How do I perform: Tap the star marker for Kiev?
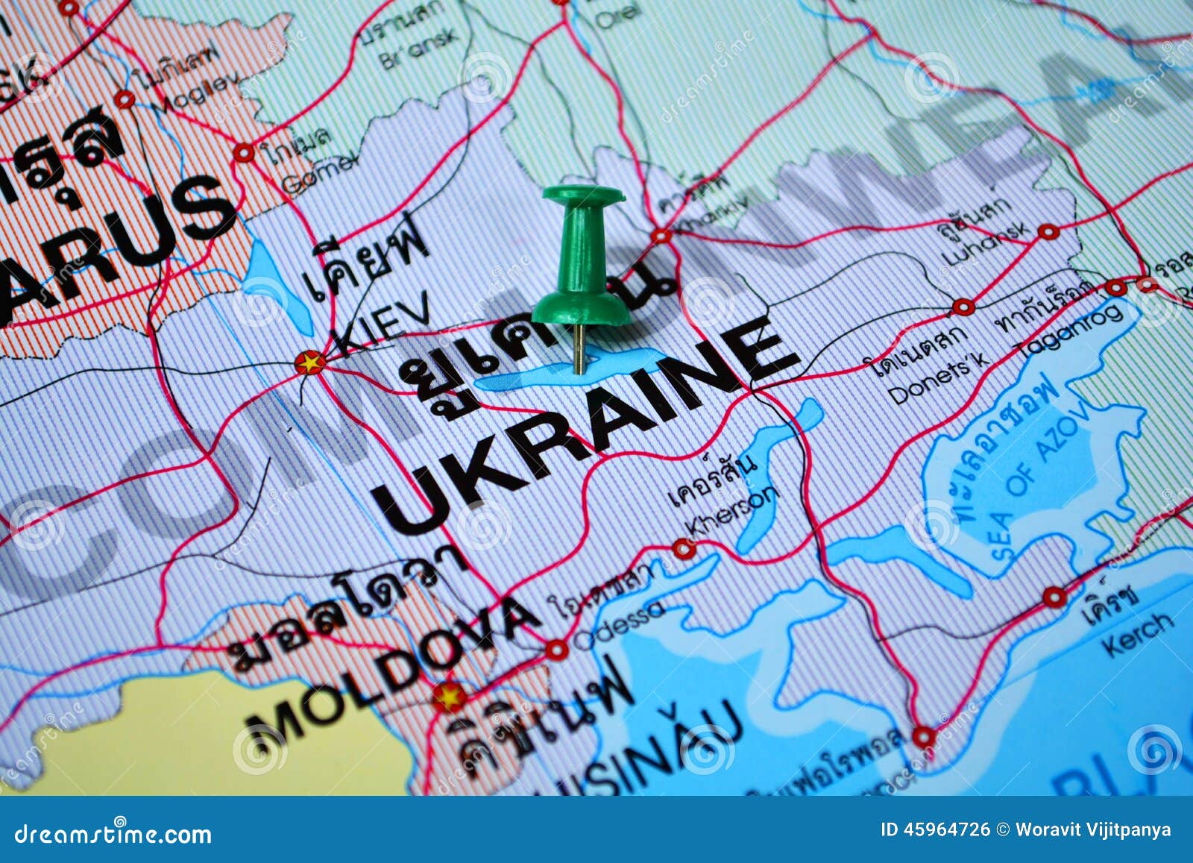(309, 363)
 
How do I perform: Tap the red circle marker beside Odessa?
(556, 650)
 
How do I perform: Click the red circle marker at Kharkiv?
(661, 236)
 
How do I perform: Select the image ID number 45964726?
(946, 830)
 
